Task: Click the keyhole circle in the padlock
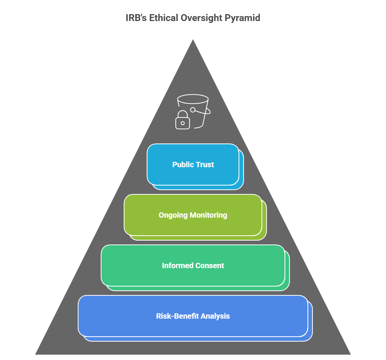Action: (x=183, y=123)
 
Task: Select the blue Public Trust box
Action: (x=193, y=165)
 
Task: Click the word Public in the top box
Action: (x=182, y=165)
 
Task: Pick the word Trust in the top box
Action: (x=204, y=165)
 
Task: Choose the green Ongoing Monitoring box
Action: (x=193, y=215)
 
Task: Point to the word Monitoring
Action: (x=208, y=215)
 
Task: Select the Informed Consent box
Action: (x=193, y=266)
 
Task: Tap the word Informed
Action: (x=177, y=266)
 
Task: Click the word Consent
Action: (x=209, y=266)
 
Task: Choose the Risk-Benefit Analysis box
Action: (x=193, y=316)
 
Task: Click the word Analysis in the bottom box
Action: (x=216, y=316)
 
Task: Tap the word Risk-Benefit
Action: (x=178, y=316)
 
